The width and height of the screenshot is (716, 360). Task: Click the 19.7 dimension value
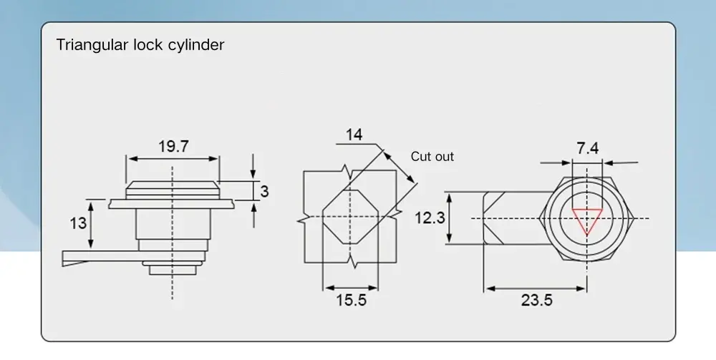point(173,147)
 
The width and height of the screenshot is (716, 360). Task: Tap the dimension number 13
point(78,223)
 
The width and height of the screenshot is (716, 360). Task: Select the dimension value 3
point(264,191)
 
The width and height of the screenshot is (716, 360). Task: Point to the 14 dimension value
point(354,135)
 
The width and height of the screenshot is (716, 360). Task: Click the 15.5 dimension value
point(351,300)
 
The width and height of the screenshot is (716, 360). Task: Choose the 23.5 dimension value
point(536,300)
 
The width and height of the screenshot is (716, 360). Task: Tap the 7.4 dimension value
point(587,148)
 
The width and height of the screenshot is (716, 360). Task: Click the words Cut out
point(432,157)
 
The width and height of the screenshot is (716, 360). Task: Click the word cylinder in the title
point(198,45)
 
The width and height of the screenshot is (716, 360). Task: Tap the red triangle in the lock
point(586,218)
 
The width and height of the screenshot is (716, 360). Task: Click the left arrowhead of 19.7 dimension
point(130,159)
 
